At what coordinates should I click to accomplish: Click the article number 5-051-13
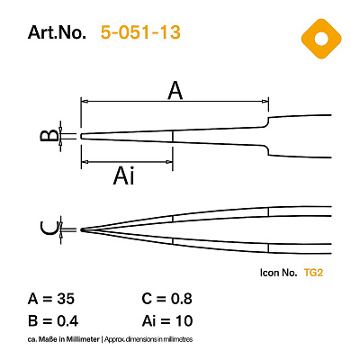tap(140, 32)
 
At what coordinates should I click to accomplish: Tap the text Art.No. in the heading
tap(57, 32)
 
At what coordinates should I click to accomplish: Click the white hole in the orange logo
tap(321, 39)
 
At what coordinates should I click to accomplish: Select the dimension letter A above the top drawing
tap(175, 91)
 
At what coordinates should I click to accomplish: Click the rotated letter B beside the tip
tap(49, 135)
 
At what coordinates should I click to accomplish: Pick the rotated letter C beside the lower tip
tap(49, 229)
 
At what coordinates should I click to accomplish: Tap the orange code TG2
tap(313, 273)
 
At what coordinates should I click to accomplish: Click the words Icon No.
tap(278, 273)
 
